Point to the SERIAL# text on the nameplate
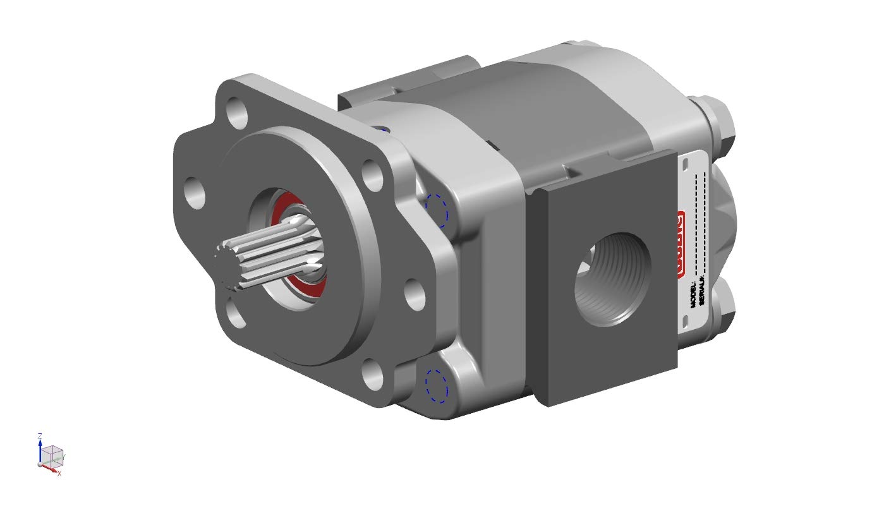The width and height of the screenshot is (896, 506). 701,294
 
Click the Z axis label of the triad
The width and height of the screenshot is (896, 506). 40,436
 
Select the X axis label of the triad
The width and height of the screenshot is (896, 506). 59,473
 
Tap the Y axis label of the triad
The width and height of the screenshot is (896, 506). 64,455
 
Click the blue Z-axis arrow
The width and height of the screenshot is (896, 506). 40,450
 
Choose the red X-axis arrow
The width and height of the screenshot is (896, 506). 51,468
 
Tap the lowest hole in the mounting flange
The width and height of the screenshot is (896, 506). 373,373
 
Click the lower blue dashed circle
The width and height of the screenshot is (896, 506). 436,385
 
